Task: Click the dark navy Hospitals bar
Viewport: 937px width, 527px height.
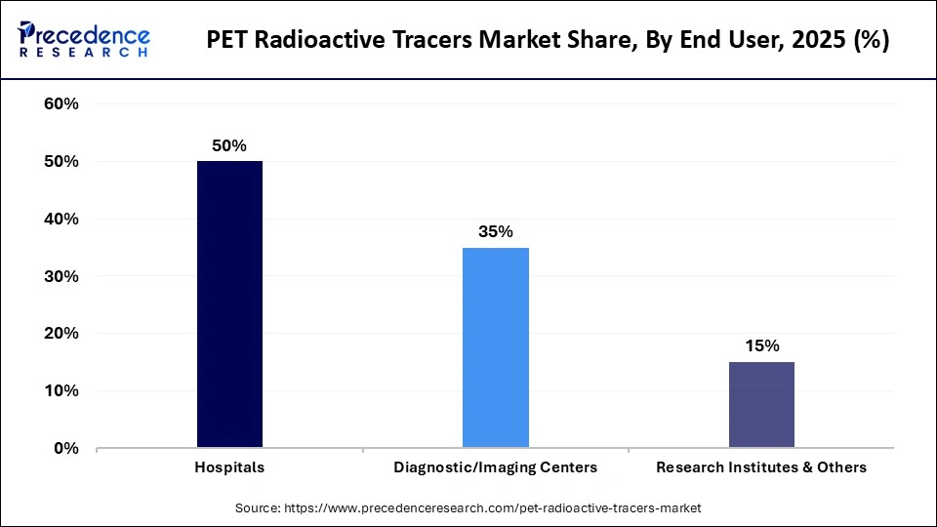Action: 229,304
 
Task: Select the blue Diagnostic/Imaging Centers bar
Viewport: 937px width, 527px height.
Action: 495,347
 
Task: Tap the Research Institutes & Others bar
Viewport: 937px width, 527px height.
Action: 761,405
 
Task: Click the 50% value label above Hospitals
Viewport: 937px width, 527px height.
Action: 229,145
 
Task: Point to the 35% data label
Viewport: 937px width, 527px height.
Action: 495,232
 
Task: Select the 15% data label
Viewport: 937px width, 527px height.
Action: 761,346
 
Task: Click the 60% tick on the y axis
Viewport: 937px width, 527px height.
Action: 61,104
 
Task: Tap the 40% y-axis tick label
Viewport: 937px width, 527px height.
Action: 61,220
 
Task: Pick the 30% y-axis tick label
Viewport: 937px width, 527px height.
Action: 61,277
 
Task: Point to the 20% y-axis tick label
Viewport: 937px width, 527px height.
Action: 61,334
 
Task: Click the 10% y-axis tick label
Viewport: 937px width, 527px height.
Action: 61,391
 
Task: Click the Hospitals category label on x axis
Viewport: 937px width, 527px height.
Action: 229,467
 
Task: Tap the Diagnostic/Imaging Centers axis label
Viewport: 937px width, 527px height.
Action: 495,467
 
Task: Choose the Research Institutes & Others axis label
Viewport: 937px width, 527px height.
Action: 761,467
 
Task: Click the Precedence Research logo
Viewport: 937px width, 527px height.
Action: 84,39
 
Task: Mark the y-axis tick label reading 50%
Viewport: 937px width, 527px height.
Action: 61,162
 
